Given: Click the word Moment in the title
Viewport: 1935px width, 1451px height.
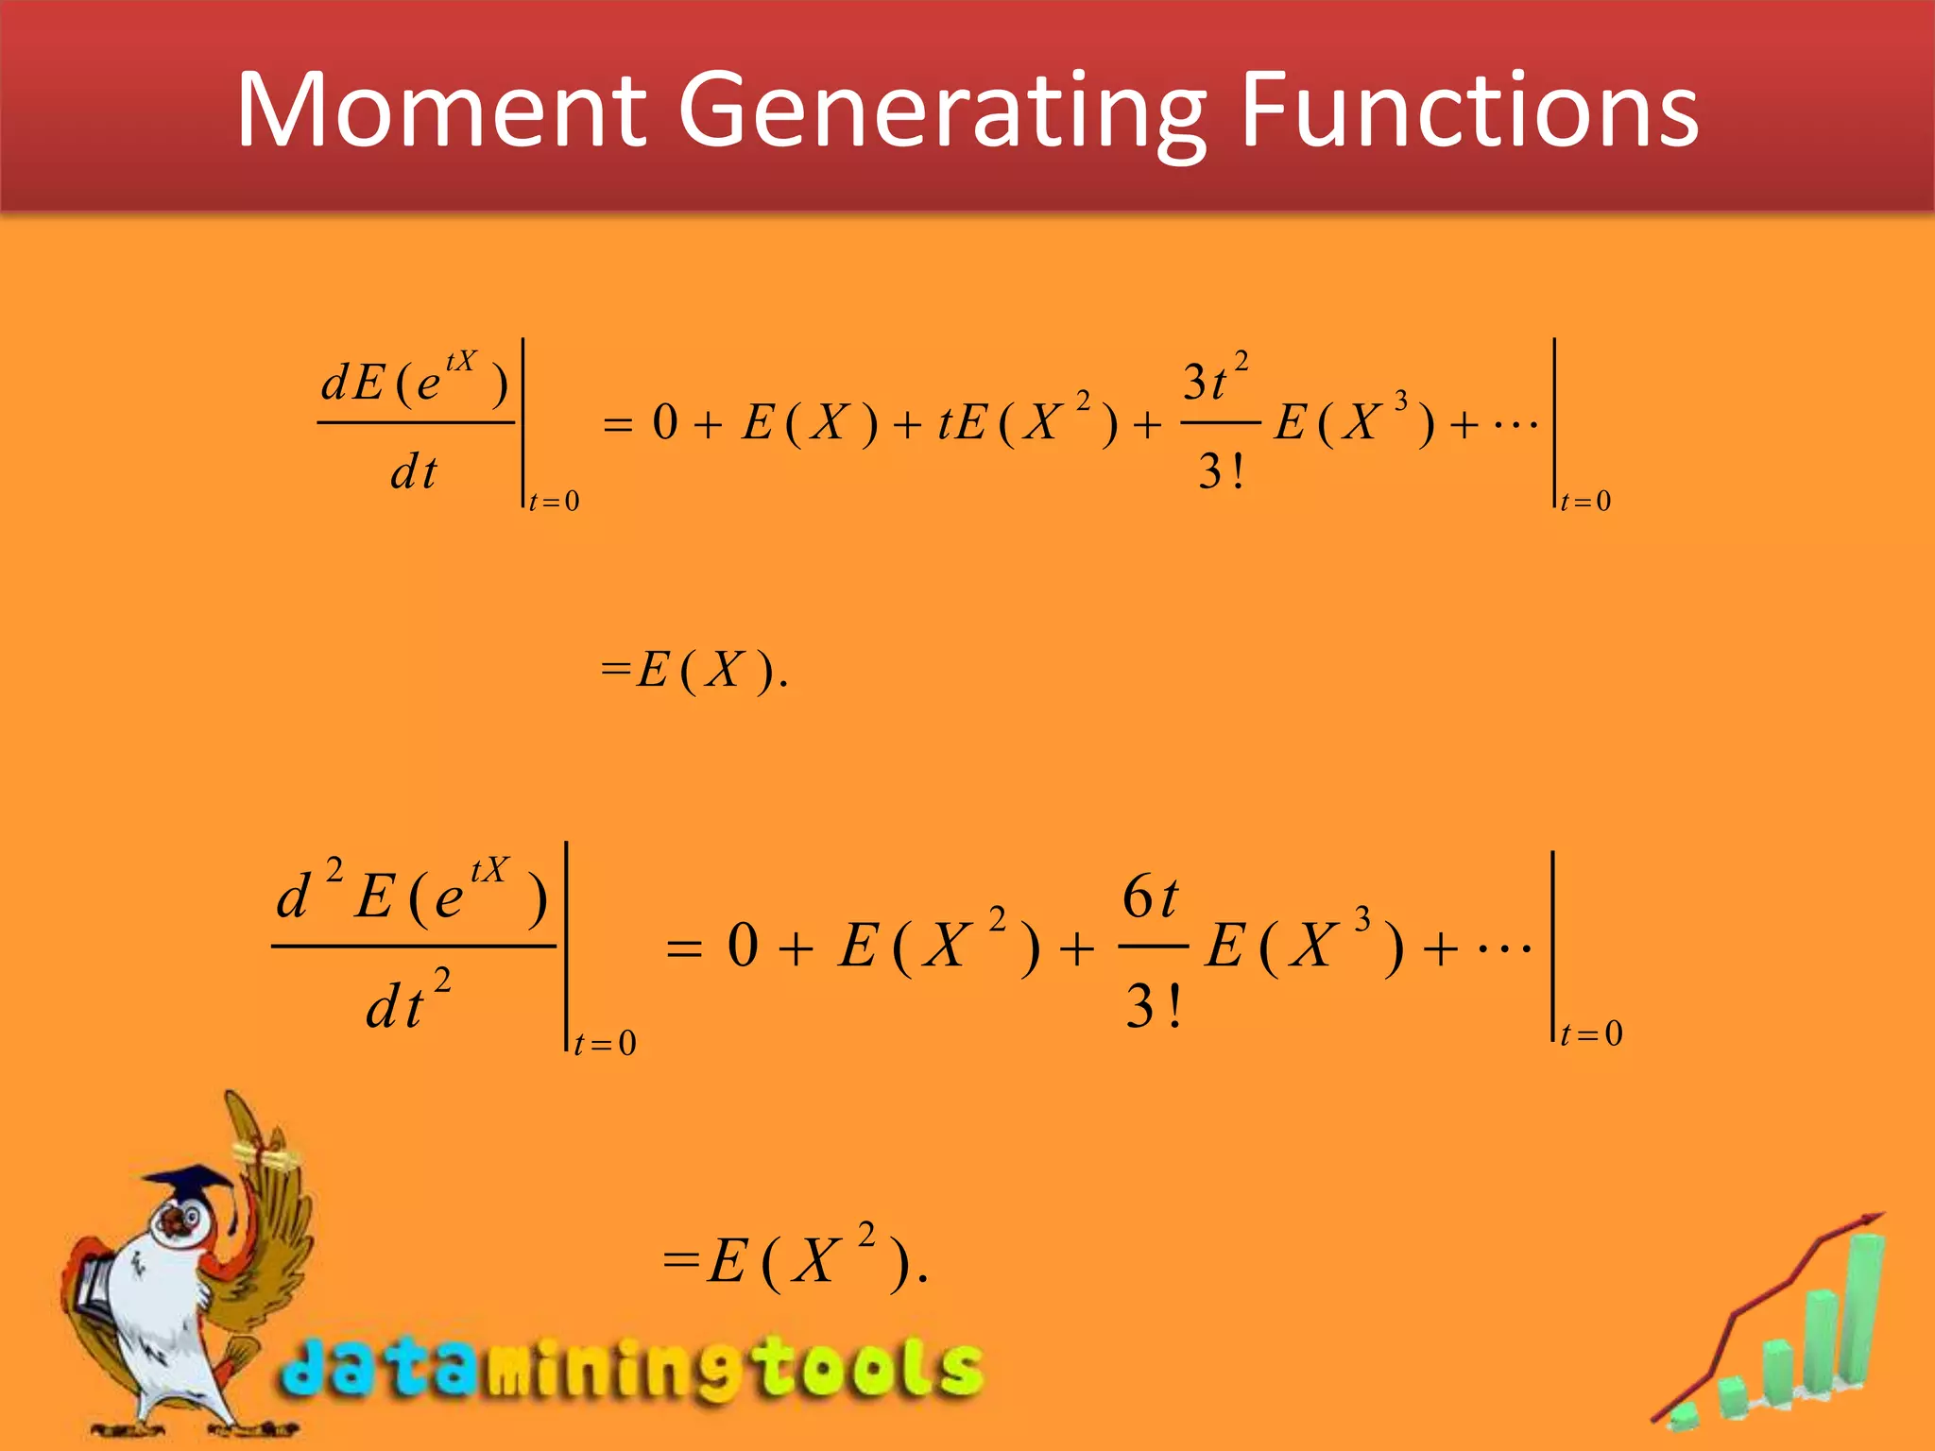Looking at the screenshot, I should (x=440, y=111).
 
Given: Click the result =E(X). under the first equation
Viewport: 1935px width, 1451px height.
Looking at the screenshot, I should (x=694, y=671).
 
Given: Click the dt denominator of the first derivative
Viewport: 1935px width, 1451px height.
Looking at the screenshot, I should (x=414, y=470).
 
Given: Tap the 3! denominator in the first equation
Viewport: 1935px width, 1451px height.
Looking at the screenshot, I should (x=1221, y=470).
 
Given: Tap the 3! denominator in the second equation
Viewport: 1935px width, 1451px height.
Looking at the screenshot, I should (x=1153, y=1006).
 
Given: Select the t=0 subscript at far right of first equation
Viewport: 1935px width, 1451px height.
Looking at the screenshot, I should (x=1586, y=501).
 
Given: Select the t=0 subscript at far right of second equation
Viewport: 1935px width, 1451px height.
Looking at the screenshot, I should (x=1592, y=1033).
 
